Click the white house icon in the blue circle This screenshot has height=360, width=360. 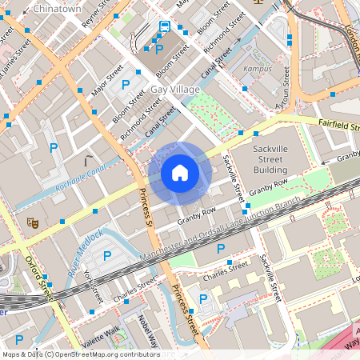[x=180, y=173]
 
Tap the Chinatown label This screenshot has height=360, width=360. [x=58, y=9]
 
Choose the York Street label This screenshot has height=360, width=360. [x=92, y=283]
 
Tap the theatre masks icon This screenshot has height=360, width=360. [x=33, y=223]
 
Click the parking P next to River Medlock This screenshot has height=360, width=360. [x=108, y=256]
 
